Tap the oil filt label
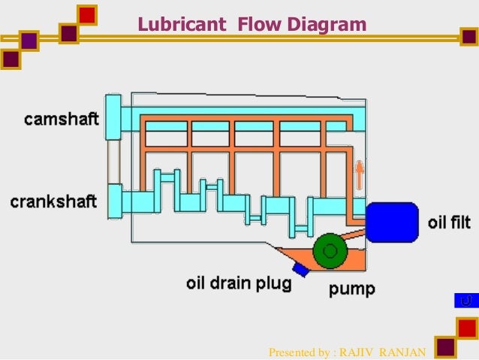click(x=450, y=223)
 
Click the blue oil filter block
click(x=390, y=222)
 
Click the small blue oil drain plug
click(x=302, y=268)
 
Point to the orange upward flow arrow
click(x=359, y=175)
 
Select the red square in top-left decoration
click(x=87, y=14)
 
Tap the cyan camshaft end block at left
click(x=113, y=116)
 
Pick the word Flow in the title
click(x=258, y=26)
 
